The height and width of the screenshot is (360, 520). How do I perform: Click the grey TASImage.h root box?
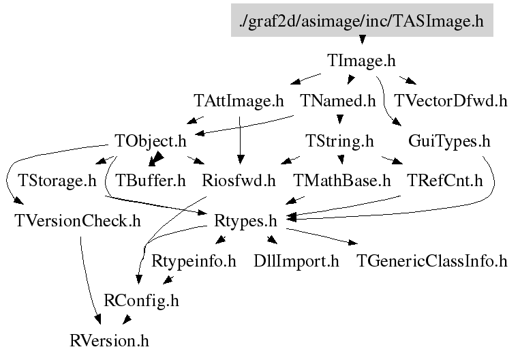click(361, 22)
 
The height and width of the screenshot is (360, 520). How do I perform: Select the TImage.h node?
click(361, 61)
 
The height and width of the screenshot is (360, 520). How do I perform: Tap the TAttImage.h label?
click(238, 102)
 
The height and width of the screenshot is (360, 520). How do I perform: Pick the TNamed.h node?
click(338, 102)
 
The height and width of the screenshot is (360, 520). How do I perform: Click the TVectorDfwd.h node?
click(450, 102)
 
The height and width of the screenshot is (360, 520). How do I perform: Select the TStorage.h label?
click(57, 181)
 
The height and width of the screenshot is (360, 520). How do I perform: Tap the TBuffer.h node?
click(151, 181)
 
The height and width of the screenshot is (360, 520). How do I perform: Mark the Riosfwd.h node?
click(239, 181)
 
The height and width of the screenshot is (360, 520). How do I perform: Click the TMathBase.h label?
click(342, 181)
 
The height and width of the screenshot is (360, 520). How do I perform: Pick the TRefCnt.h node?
click(444, 181)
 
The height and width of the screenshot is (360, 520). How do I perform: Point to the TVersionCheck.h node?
click(78, 221)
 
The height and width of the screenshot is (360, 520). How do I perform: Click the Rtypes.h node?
click(245, 221)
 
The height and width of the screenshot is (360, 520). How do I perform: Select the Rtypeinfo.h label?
click(194, 260)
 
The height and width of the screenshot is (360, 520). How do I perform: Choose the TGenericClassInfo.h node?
click(432, 260)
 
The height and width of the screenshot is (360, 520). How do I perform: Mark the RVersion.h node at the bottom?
click(109, 340)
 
